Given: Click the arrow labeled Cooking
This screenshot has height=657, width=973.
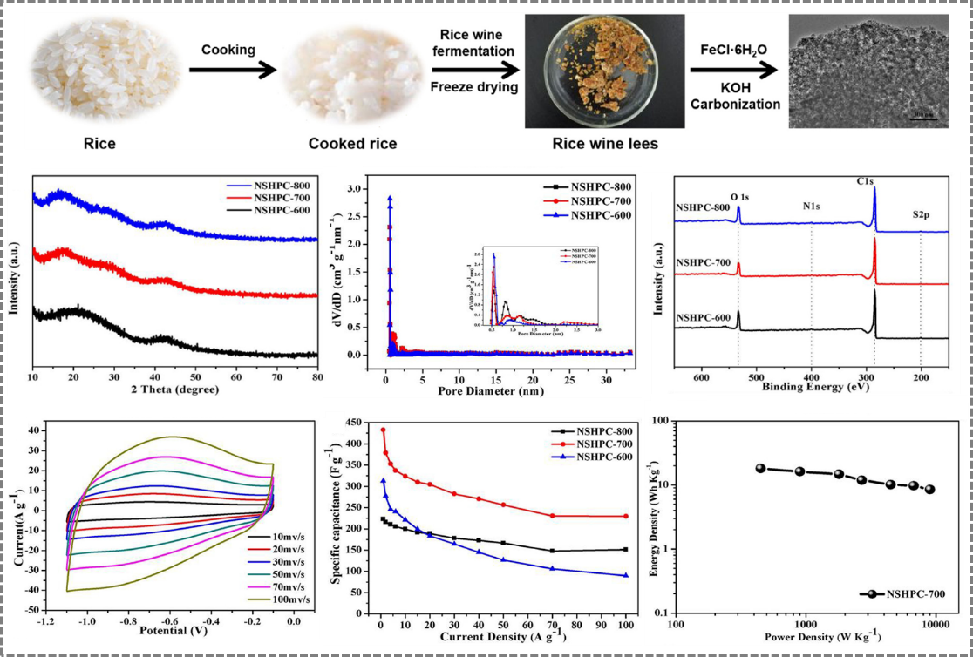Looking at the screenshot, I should (x=228, y=71).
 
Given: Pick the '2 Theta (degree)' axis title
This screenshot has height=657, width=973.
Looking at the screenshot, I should (x=174, y=389).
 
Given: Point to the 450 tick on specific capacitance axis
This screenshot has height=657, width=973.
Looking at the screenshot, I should (x=353, y=422).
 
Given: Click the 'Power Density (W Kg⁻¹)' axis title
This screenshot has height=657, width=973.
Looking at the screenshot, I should (x=810, y=635).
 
